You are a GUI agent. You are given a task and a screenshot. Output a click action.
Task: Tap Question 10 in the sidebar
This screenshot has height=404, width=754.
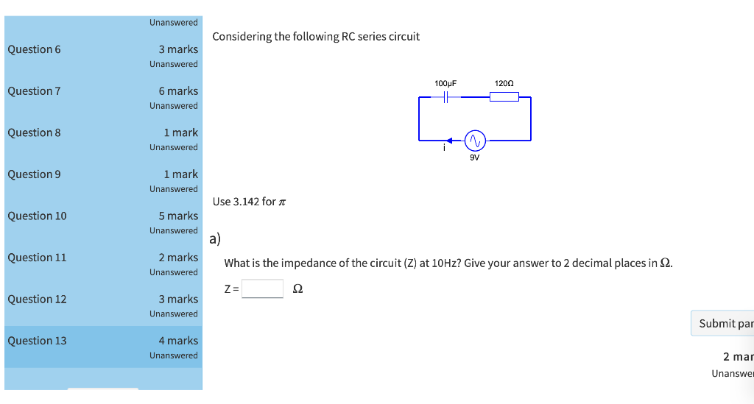pyautogui.click(x=37, y=216)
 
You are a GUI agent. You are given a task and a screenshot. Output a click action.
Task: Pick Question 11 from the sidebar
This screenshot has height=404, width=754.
pyautogui.click(x=37, y=258)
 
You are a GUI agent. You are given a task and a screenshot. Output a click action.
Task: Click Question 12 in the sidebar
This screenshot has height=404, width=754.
pyautogui.click(x=37, y=299)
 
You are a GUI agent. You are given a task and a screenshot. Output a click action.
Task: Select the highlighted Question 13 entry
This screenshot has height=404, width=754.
pyautogui.click(x=37, y=341)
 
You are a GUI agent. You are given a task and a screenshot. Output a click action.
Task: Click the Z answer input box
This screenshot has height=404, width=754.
pyautogui.click(x=263, y=288)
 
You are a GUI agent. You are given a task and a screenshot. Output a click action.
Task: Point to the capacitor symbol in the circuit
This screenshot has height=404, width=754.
pyautogui.click(x=445, y=97)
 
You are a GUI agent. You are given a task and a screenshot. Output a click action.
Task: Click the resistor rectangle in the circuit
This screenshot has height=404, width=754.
pyautogui.click(x=504, y=97)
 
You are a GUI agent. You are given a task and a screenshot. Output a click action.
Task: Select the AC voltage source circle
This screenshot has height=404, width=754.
pyautogui.click(x=474, y=140)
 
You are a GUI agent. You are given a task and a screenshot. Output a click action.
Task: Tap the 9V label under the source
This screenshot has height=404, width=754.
pyautogui.click(x=474, y=157)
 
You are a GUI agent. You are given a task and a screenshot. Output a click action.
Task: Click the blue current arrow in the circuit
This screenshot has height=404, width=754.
pyautogui.click(x=451, y=140)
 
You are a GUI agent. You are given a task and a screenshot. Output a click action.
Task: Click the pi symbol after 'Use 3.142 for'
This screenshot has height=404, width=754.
pyautogui.click(x=281, y=202)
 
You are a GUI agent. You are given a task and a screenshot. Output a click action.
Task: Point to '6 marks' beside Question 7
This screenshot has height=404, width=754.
pyautogui.click(x=178, y=91)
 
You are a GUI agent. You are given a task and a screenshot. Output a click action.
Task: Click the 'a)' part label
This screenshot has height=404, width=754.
pyautogui.click(x=215, y=238)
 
